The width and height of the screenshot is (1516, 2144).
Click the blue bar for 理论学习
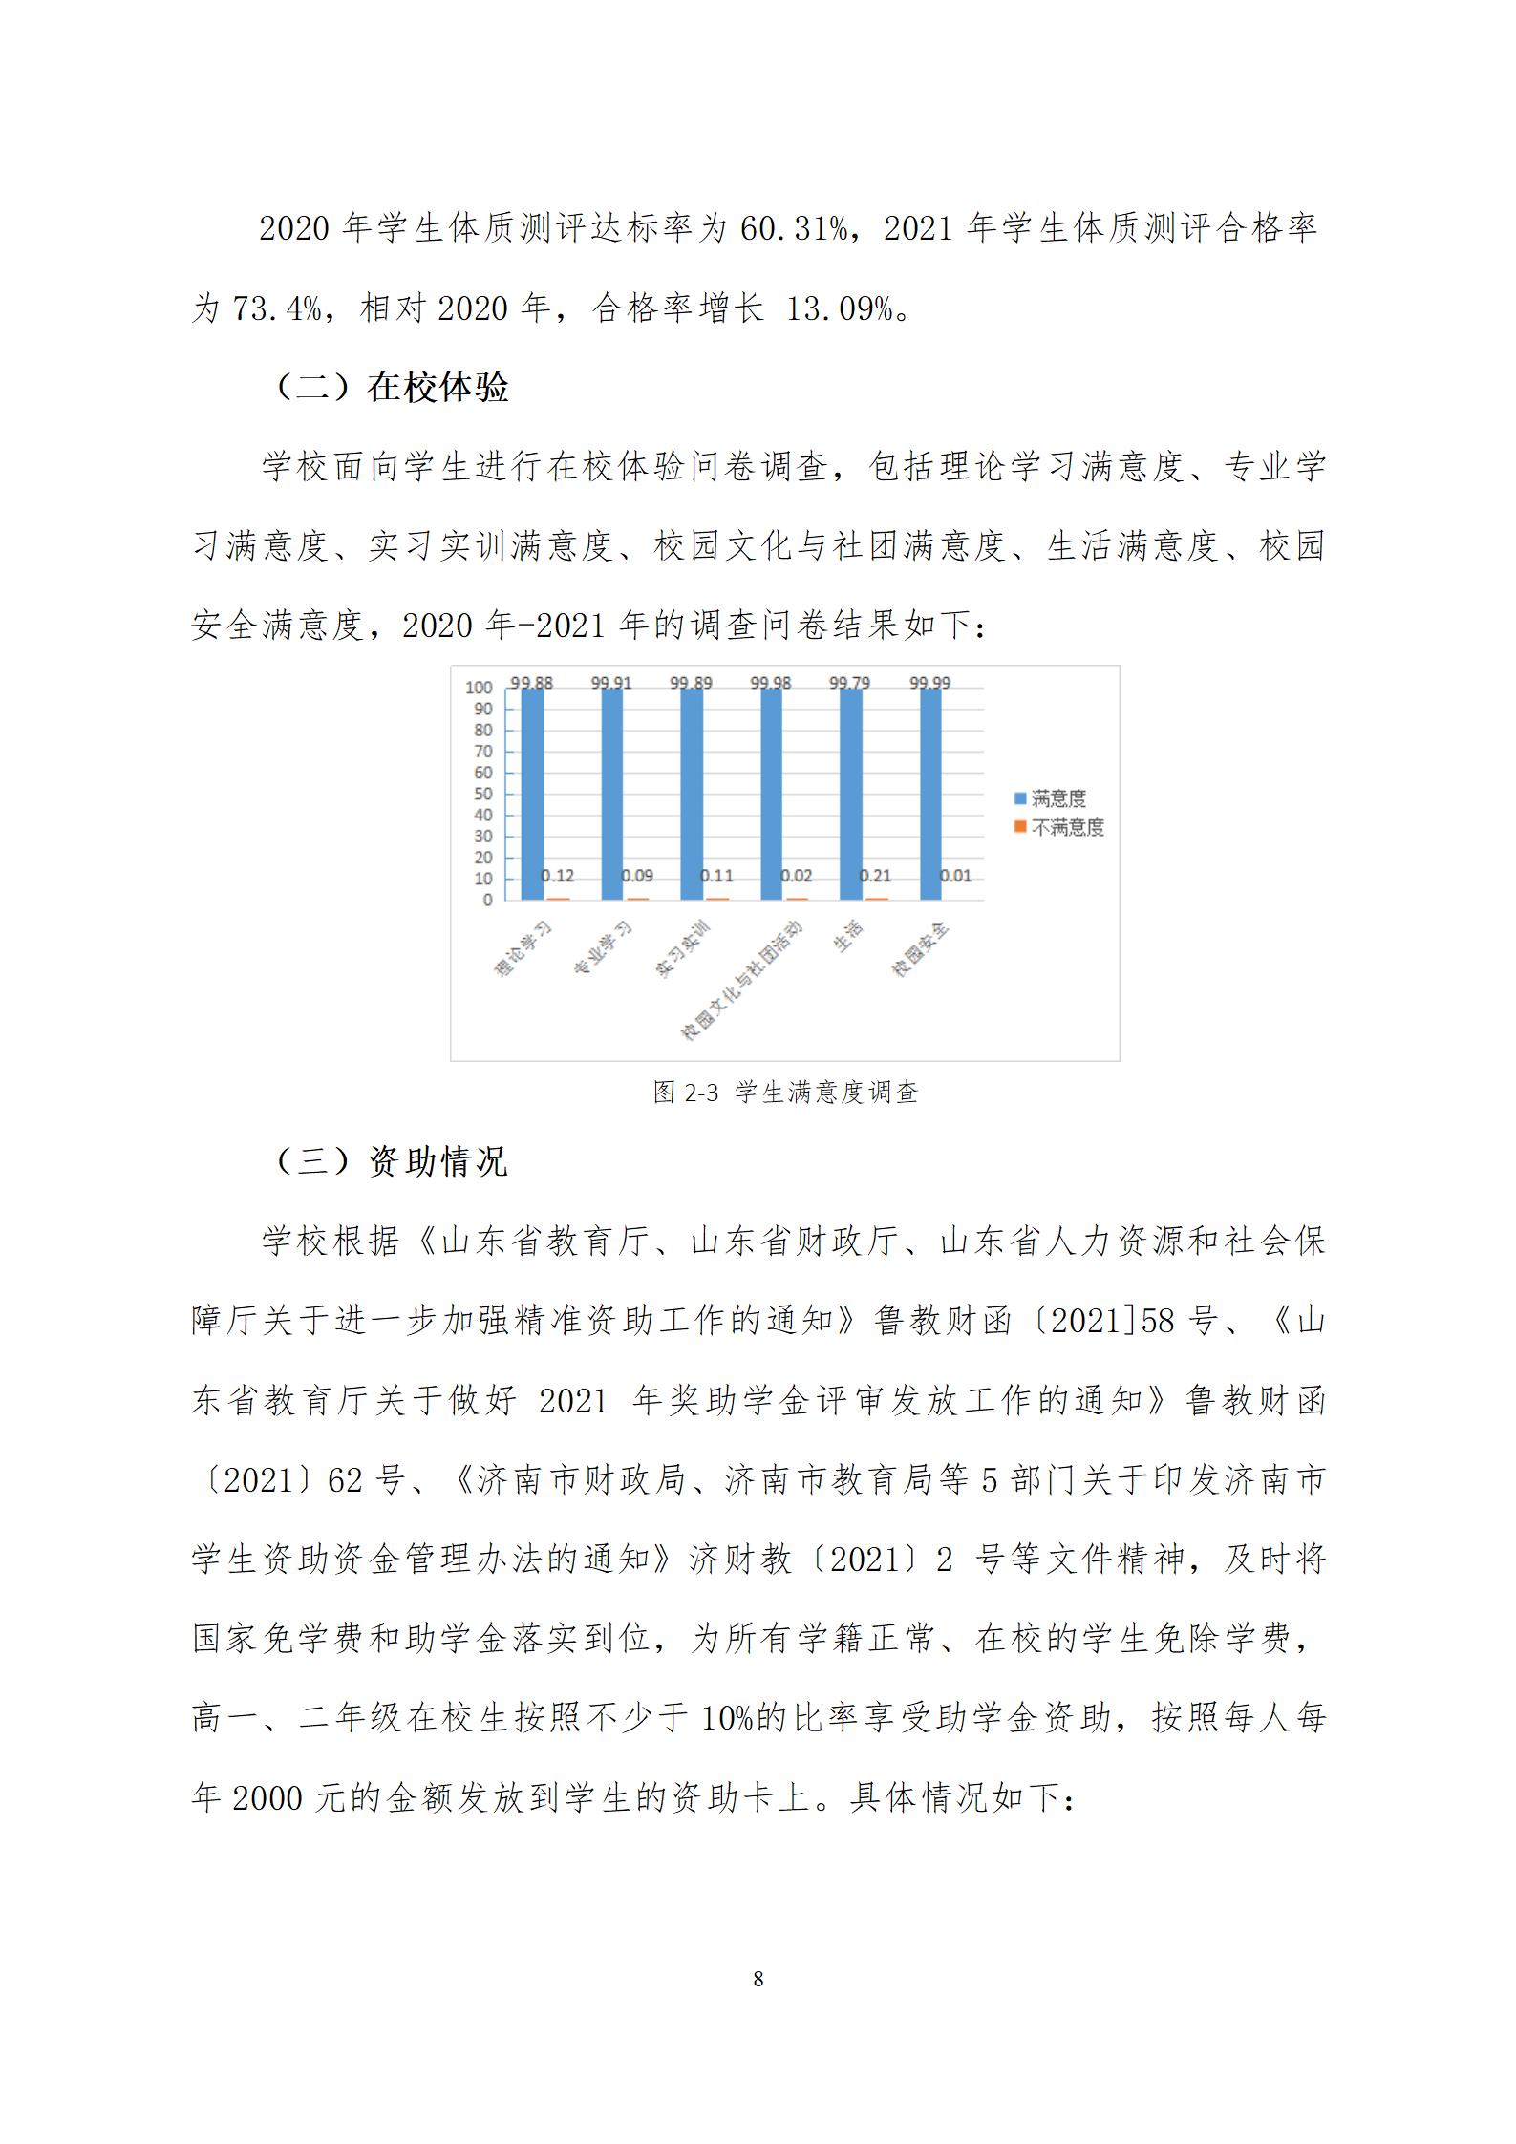click(x=532, y=793)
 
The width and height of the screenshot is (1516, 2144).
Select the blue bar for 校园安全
click(x=930, y=793)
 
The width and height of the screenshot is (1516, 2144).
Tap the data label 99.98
click(x=771, y=683)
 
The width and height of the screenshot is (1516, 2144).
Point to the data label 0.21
click(x=875, y=876)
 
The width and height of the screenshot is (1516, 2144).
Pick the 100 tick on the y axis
click(x=479, y=688)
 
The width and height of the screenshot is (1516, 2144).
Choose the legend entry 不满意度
click(x=1067, y=827)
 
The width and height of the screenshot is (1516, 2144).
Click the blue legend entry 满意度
click(x=1057, y=798)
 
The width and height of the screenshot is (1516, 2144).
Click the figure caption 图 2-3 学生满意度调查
click(x=785, y=1093)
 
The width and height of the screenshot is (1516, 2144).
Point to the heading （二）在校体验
click(x=392, y=388)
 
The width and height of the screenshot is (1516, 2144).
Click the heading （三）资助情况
click(x=392, y=1161)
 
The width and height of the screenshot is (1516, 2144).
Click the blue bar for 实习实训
click(x=692, y=793)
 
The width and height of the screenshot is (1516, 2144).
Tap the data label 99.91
click(x=611, y=683)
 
